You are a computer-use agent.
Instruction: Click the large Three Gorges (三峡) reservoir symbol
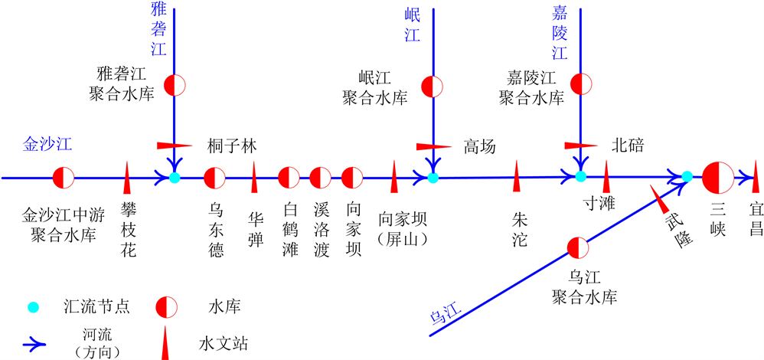pos(717,178)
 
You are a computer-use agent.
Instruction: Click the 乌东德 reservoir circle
pos(215,178)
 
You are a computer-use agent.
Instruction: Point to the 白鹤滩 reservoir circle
pos(289,178)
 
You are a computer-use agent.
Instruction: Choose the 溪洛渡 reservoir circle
pos(321,178)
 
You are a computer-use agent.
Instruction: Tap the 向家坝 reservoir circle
pos(352,178)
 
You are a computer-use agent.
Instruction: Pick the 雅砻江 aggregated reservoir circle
pos(175,84)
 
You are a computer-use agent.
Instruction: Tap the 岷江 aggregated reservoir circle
pos(433,85)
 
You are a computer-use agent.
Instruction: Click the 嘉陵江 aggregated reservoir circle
pos(581,84)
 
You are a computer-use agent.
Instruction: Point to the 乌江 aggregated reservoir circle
pos(578,247)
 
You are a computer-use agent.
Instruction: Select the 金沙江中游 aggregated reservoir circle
pos(63,178)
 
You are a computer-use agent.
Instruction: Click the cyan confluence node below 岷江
pos(433,178)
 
